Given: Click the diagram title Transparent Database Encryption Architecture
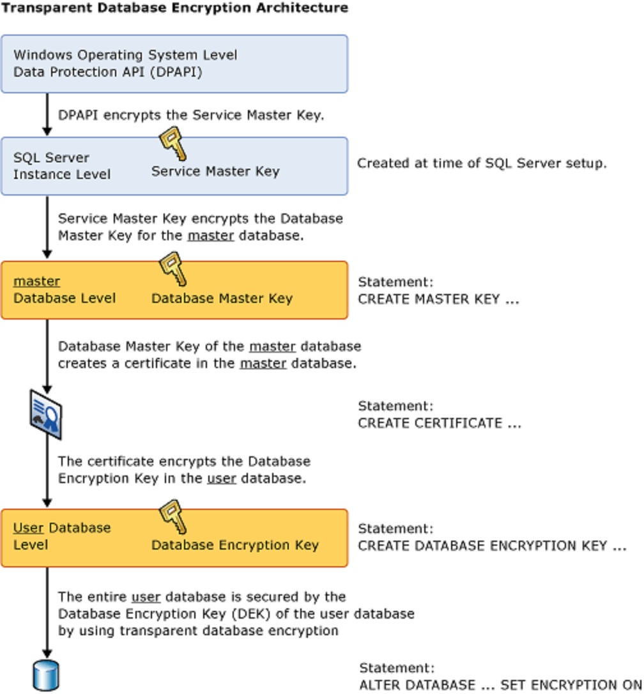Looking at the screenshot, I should pyautogui.click(x=175, y=8).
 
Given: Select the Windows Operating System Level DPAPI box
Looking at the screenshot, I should pyautogui.click(x=174, y=64).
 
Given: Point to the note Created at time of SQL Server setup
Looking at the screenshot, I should pyautogui.click(x=481, y=163).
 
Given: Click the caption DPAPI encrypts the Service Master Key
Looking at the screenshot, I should pyautogui.click(x=192, y=116).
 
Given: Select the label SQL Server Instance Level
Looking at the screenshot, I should pyautogui.click(x=62, y=166).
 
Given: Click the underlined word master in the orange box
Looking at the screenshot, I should pyautogui.click(x=37, y=281).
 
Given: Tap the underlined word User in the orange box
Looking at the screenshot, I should pyautogui.click(x=28, y=528).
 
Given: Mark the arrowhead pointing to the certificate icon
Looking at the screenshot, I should pyautogui.click(x=47, y=387).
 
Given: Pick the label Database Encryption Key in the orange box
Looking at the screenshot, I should pyautogui.click(x=234, y=545).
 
